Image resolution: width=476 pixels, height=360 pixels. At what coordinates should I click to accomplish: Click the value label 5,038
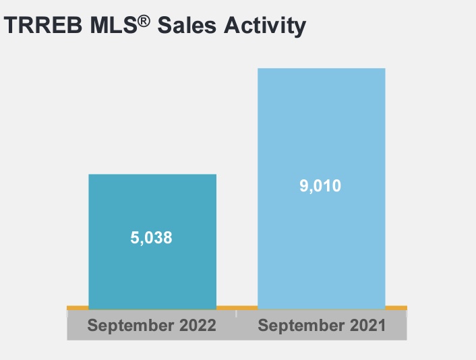tap(152, 238)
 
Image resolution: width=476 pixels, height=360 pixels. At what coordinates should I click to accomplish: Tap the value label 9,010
tap(321, 185)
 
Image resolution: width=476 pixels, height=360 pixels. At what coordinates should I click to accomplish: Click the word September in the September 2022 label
tap(129, 326)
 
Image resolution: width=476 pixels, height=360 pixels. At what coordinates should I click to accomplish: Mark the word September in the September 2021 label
tap(299, 326)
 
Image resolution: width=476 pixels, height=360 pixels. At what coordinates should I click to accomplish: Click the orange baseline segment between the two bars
tap(237, 308)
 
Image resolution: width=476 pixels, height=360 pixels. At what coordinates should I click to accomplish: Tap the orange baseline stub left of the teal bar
tap(78, 308)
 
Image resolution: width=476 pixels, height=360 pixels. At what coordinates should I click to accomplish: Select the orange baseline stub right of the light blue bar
tap(396, 308)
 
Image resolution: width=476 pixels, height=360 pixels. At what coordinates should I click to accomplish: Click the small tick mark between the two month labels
tap(237, 313)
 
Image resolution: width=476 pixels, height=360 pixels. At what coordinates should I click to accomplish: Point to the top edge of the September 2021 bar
tap(322, 69)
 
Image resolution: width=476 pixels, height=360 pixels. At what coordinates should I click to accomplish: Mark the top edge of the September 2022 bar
tap(152, 175)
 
